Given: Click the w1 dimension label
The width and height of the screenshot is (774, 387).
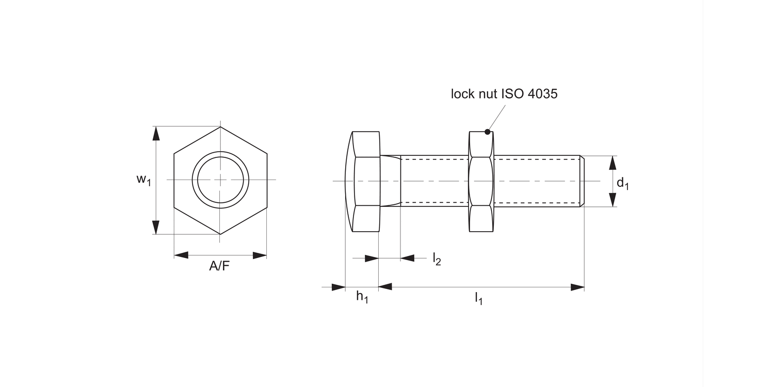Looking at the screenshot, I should tap(143, 180).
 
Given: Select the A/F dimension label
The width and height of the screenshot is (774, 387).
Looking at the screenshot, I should tap(220, 266).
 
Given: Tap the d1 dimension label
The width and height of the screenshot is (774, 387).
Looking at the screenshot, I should tap(623, 183).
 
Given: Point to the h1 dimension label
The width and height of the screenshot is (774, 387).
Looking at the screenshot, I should tap(362, 297).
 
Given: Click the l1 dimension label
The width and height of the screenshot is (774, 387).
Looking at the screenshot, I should tap(478, 298).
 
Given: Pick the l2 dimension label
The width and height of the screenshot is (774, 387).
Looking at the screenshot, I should tap(437, 259).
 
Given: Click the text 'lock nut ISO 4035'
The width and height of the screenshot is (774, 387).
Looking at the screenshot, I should tap(504, 94).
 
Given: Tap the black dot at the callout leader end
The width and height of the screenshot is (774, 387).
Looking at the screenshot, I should tap(487, 132).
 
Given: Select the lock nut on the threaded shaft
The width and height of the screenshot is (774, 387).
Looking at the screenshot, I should tap(481, 181).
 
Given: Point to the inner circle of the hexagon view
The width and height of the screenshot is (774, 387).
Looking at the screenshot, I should tap(220, 180).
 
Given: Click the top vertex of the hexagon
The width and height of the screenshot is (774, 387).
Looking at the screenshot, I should tap(220, 127).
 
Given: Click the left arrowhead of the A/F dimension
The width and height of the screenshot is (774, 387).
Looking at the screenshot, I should tap(181, 255).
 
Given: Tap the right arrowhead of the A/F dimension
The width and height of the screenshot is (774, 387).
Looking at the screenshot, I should tap(260, 255).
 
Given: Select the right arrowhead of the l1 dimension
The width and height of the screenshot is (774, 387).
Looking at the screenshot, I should tap(577, 287).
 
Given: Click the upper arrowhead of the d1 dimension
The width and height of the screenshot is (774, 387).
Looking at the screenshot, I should tap(612, 163).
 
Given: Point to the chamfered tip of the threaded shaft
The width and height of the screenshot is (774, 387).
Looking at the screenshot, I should tap(583, 181).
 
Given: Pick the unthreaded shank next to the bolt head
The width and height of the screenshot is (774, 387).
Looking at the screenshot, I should tap(391, 181).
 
